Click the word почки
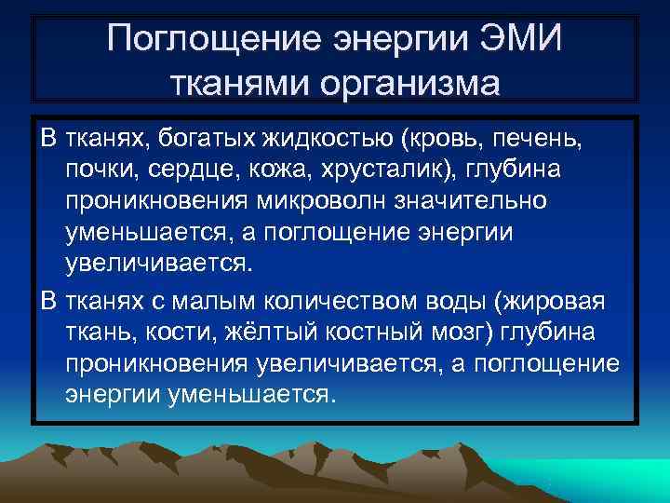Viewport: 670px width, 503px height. tap(98, 171)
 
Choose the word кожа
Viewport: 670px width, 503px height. tap(276, 171)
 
